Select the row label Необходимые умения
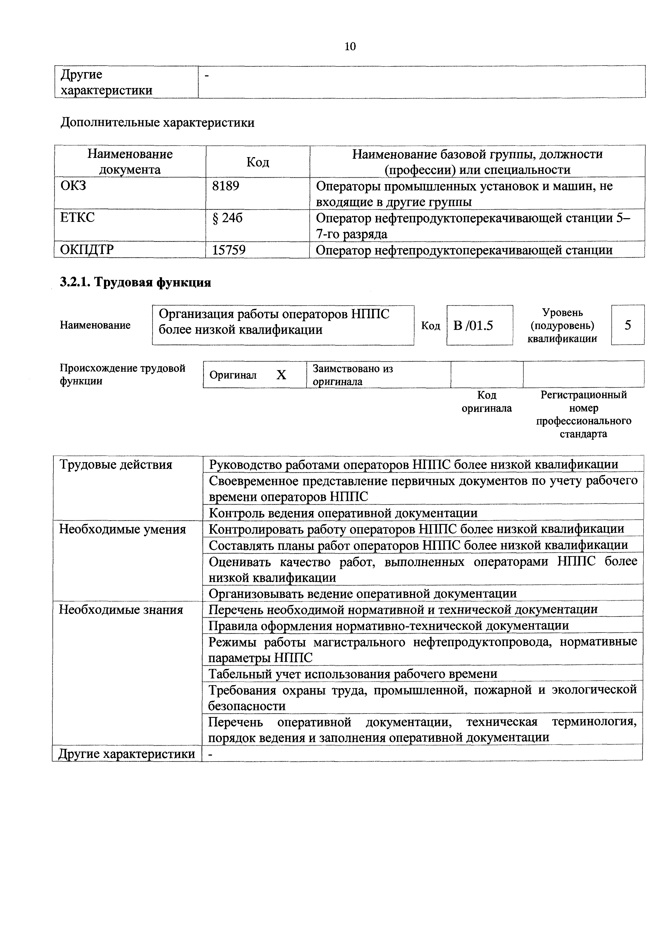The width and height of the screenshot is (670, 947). [123, 529]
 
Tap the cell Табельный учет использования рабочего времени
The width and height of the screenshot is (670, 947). [353, 674]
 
